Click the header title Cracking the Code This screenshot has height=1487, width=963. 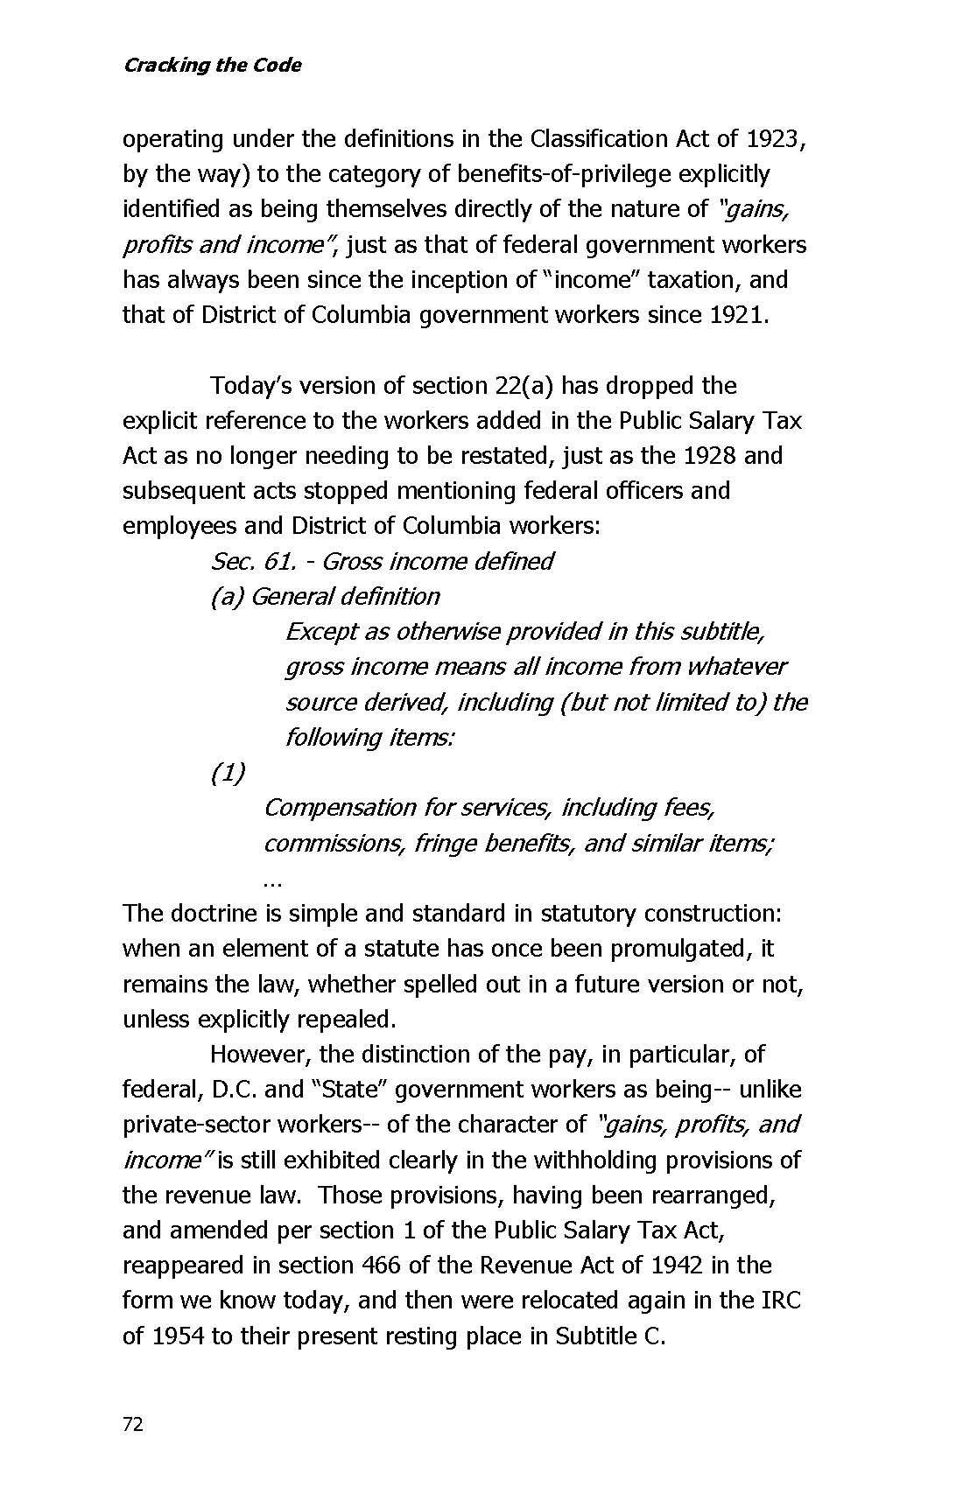(x=212, y=66)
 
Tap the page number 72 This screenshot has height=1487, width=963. (x=132, y=1424)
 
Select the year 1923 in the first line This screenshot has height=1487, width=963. (x=773, y=139)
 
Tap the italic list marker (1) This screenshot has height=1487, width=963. (x=228, y=773)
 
